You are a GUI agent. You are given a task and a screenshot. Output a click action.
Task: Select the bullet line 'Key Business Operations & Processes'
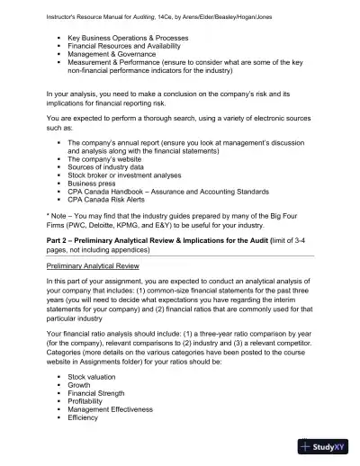(128, 38)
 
